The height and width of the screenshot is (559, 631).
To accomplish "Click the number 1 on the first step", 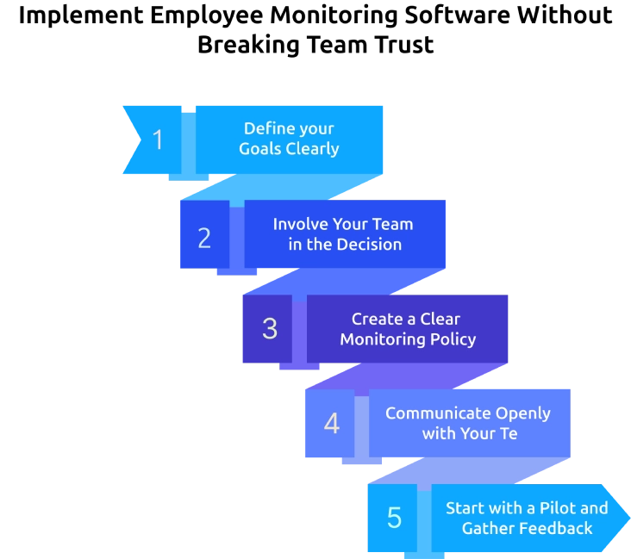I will [x=158, y=140].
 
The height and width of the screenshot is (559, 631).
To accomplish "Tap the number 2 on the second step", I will [x=204, y=238].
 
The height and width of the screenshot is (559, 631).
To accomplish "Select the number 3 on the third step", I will [x=270, y=328].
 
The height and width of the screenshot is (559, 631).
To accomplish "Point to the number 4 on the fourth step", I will [x=331, y=424].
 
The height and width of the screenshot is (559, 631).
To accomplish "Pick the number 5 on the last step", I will [x=394, y=518].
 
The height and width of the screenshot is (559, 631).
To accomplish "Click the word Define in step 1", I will [x=265, y=128].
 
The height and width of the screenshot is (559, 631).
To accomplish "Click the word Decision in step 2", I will [x=369, y=244].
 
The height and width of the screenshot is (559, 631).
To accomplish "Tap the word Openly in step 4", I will [x=522, y=413].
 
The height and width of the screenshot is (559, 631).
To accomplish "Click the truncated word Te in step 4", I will [x=508, y=433].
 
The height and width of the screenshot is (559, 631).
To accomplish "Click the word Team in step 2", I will [x=392, y=224].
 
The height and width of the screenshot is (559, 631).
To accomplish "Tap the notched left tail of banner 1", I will [x=131, y=140].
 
